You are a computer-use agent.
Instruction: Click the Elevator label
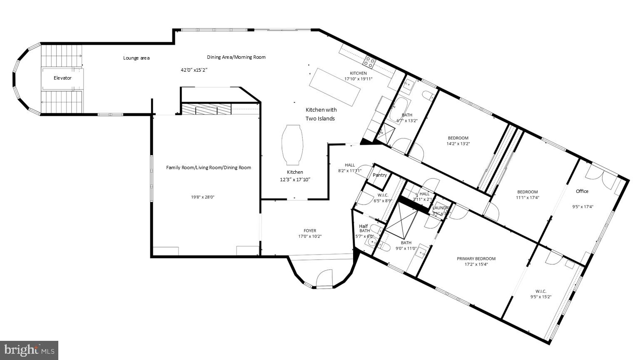62,78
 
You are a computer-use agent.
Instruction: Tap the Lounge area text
136,58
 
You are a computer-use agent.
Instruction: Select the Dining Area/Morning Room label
236,57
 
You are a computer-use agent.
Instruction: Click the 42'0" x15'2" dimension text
194,70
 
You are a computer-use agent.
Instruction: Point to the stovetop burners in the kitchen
369,62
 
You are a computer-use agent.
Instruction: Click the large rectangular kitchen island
335,88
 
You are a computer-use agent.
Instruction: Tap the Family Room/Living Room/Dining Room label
209,167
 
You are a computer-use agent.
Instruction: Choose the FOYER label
310,230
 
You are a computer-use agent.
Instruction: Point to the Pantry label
380,175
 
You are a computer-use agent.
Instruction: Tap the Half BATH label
364,228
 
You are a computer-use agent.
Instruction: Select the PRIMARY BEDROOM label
476,258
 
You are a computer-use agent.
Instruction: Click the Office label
582,191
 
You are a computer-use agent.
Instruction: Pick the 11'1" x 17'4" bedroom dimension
528,197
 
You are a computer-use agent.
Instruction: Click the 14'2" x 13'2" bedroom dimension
458,144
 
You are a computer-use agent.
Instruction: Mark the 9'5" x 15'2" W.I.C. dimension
541,297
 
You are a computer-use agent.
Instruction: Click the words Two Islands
320,119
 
